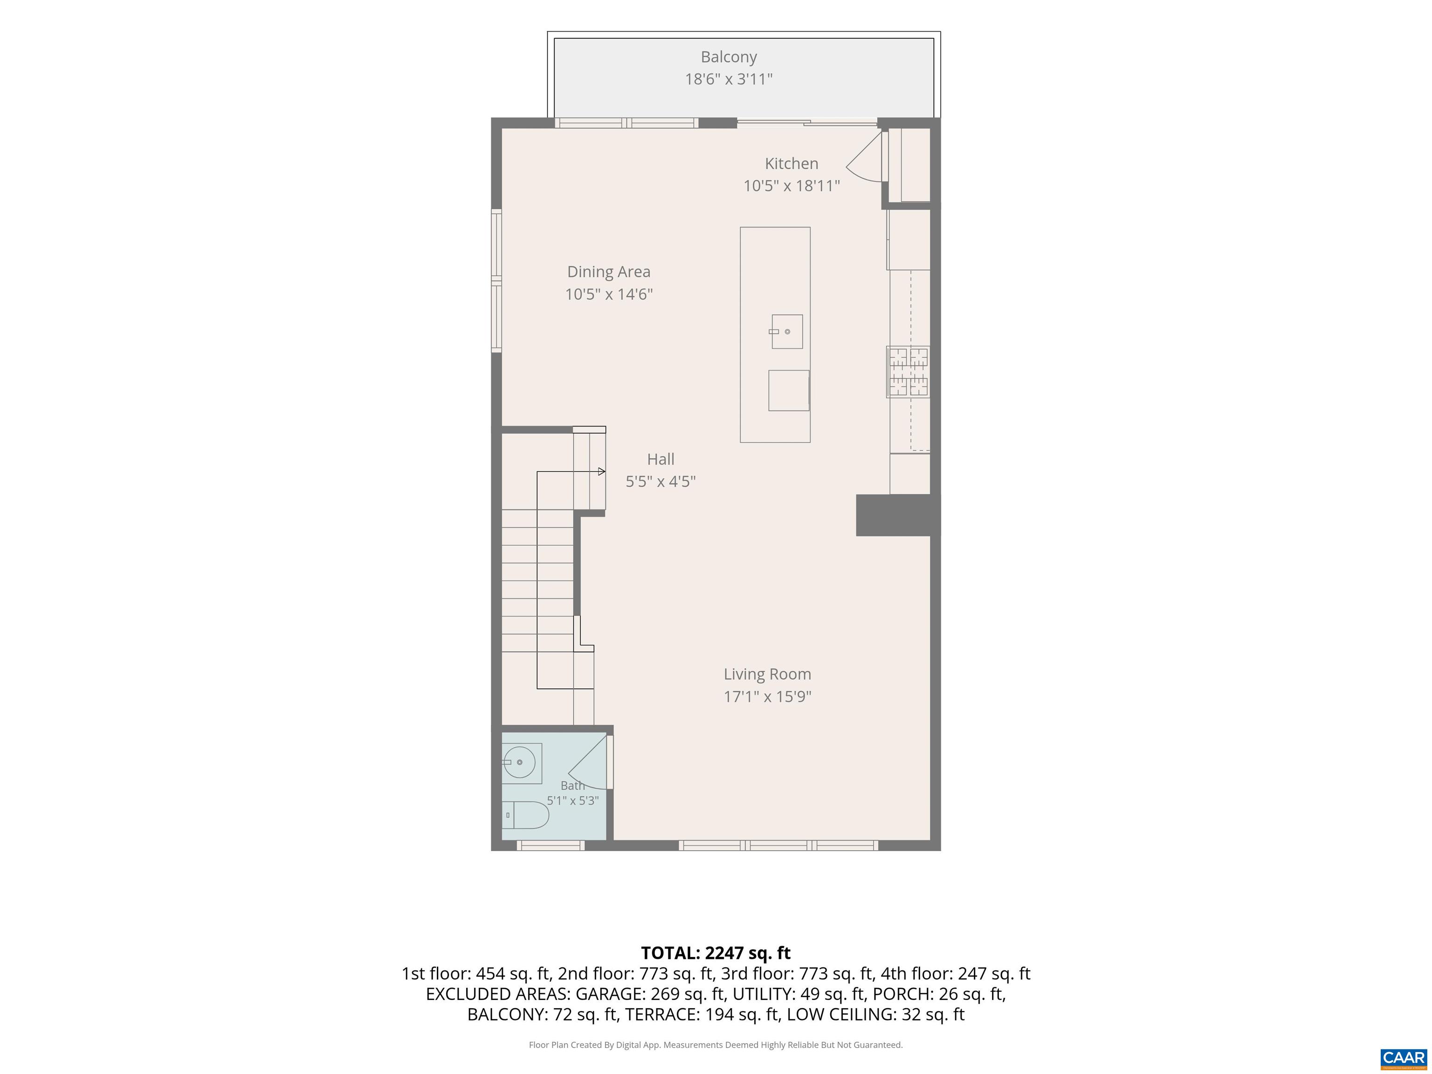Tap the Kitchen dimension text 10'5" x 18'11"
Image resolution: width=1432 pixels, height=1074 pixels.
tap(791, 186)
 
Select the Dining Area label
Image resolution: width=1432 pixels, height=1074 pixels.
tap(608, 272)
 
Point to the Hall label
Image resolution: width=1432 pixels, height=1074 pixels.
tap(661, 459)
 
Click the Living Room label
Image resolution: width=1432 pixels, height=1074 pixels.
tap(767, 674)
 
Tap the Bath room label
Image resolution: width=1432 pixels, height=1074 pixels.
tap(572, 785)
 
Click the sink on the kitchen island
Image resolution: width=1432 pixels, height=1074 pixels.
tap(786, 331)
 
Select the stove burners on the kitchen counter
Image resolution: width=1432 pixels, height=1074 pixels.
tap(908, 372)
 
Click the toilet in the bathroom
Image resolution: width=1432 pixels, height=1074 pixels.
tap(526, 815)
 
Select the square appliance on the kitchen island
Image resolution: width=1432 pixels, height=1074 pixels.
tap(789, 390)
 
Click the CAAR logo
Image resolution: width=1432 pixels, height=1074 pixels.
tap(1404, 1058)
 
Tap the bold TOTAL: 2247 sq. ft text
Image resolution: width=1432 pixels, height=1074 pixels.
tap(716, 953)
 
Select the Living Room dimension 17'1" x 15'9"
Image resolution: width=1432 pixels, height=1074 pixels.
tap(767, 696)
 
